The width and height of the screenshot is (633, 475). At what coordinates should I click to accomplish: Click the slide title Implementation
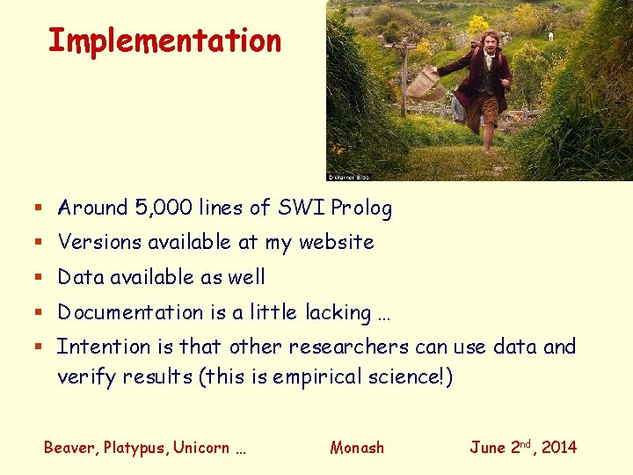tap(164, 40)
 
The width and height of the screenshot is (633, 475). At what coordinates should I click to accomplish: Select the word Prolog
tap(360, 208)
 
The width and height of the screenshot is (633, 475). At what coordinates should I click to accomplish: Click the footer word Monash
tap(357, 448)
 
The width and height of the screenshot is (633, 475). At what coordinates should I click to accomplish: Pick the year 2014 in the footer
tap(559, 448)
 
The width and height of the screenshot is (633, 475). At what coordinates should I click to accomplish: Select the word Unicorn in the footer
tap(201, 448)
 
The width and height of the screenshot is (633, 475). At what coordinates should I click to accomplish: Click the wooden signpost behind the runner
tap(404, 70)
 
